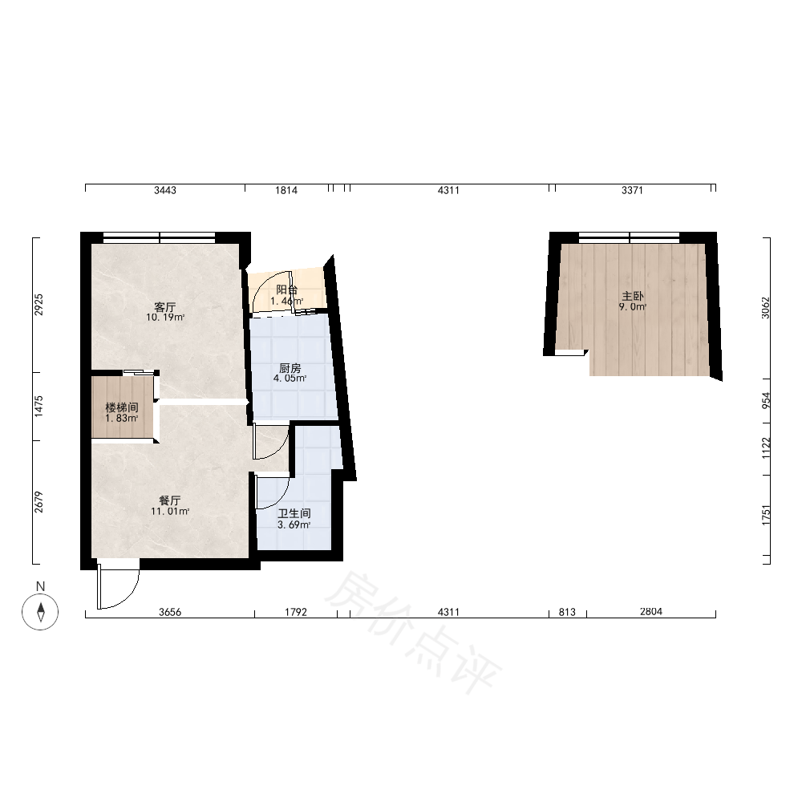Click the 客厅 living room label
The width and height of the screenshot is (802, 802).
pos(164,307)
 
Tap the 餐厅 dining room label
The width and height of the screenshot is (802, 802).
pos(170,500)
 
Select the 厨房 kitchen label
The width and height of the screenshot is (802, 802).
pos(290,368)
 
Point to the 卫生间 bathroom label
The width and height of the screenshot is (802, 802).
pos(294,513)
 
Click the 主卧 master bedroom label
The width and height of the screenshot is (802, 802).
pos(633,296)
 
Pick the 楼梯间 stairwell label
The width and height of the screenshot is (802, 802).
pos(122,407)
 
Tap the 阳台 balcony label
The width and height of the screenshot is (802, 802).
pos(287,290)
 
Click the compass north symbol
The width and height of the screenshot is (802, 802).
pos(40,612)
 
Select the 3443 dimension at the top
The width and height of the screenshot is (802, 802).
pos(165,190)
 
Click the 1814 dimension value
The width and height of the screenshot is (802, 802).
pos(286,190)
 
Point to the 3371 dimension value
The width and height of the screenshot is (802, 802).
pos(632,190)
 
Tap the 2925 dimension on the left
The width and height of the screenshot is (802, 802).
pos(39,305)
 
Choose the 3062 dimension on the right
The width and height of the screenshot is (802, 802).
pos(765,308)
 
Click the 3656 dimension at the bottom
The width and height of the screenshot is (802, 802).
pos(170,612)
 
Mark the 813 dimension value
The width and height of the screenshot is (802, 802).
pos(567,612)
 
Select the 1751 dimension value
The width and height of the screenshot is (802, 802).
pos(765,515)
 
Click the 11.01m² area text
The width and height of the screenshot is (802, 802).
pos(170,511)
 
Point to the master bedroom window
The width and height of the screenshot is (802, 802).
pos(629,237)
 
